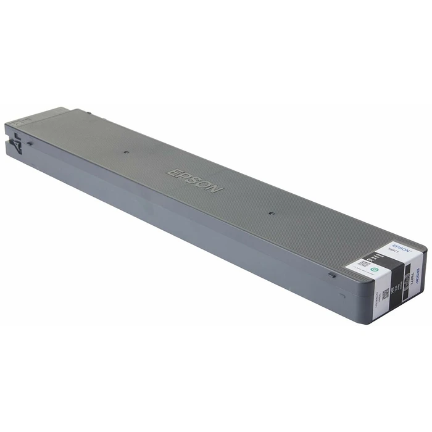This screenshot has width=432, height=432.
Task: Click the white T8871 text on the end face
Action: (409, 281)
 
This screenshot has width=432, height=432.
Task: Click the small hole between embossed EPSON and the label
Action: (272, 214)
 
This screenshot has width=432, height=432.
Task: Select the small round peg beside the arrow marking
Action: (30, 143)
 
